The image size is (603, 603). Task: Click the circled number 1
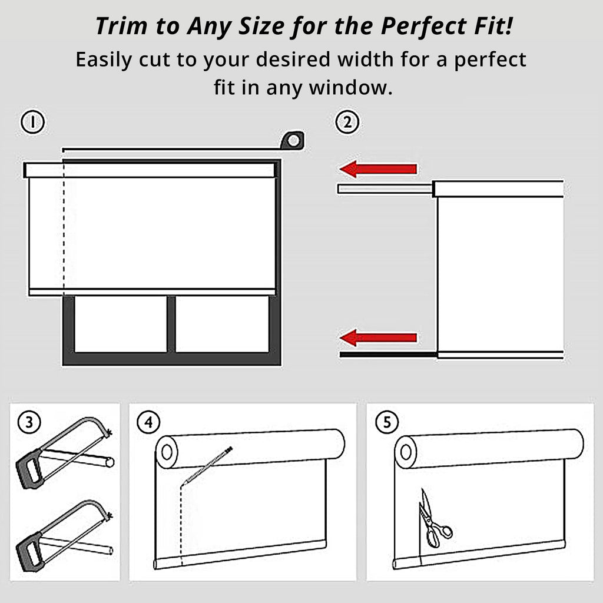(x=33, y=122)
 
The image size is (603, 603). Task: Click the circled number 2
(x=347, y=122)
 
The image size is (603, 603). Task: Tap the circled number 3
(x=29, y=422)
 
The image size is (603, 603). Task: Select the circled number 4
(x=149, y=422)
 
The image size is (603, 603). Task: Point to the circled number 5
(x=387, y=422)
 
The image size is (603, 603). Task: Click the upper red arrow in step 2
(x=379, y=169)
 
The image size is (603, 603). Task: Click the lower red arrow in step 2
(x=379, y=338)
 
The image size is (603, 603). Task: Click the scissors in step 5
(x=433, y=519)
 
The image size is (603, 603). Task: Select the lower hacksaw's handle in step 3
(x=29, y=552)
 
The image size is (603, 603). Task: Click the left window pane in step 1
(x=121, y=324)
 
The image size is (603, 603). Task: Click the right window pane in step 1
(x=222, y=324)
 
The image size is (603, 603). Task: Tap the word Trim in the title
(x=121, y=26)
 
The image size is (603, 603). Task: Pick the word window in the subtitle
(x=351, y=87)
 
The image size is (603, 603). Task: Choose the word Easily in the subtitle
(x=104, y=60)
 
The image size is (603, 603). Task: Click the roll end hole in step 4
(x=167, y=452)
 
